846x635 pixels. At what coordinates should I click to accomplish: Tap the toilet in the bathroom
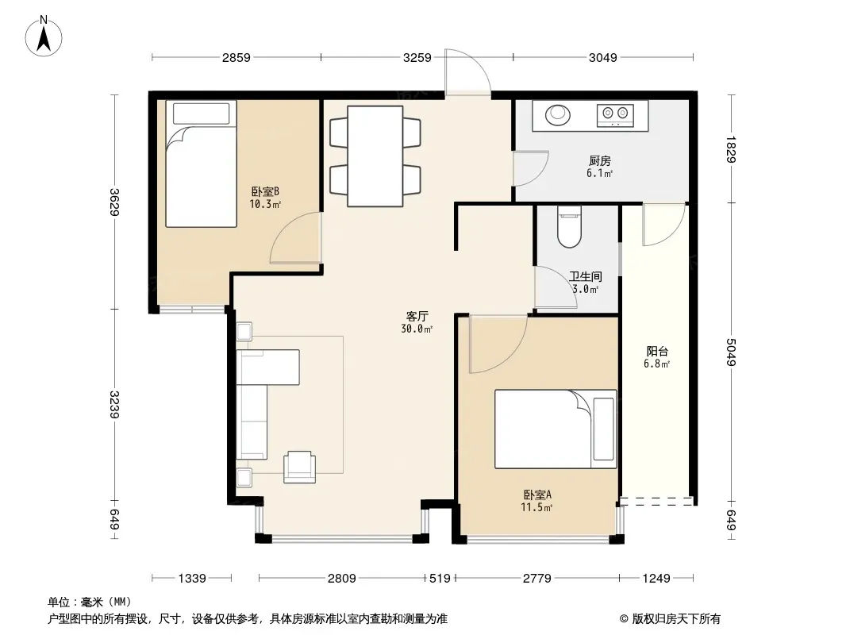(x=569, y=226)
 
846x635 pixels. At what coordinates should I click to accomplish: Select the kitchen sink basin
(x=557, y=115)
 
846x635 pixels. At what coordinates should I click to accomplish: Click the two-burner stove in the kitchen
(x=615, y=114)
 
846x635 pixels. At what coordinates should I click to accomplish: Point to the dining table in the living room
(x=375, y=156)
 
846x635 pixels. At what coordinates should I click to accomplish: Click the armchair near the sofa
(x=299, y=467)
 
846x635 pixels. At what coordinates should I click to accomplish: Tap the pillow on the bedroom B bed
(x=202, y=114)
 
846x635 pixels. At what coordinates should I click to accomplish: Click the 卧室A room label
(x=536, y=495)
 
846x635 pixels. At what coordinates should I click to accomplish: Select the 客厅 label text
(x=417, y=316)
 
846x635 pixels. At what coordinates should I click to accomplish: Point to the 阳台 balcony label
(x=656, y=351)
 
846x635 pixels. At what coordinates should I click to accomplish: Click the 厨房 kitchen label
(x=599, y=161)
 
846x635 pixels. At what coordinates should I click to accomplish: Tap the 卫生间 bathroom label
(x=586, y=277)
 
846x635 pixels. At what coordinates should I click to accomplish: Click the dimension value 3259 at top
(x=417, y=57)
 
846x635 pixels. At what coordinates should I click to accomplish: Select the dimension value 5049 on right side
(x=731, y=352)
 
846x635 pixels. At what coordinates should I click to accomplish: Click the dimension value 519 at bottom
(x=440, y=579)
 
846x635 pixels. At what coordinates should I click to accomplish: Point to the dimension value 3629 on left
(x=113, y=202)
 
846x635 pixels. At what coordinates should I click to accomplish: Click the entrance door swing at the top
(x=467, y=71)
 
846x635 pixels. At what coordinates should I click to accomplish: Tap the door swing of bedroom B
(x=296, y=237)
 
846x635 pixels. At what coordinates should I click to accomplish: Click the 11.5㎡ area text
(x=536, y=507)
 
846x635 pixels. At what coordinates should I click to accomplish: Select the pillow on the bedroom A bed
(x=603, y=429)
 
